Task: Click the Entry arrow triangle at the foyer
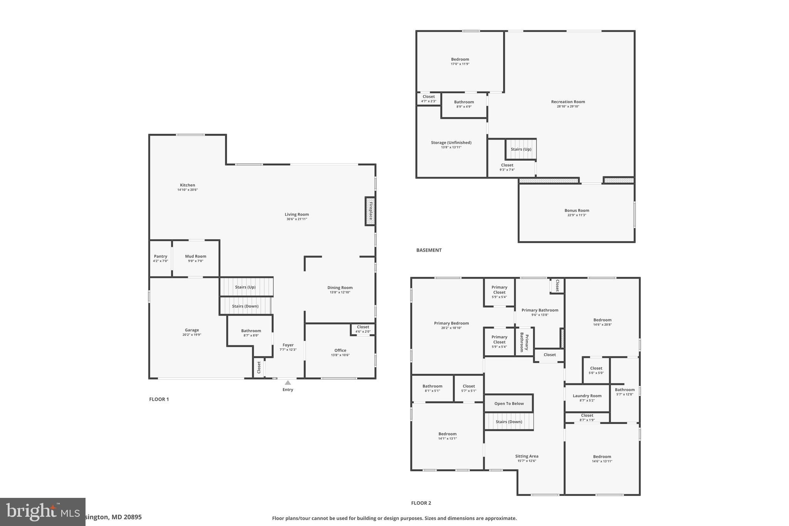pos(288,383)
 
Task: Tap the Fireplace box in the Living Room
pos(370,211)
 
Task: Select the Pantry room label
pos(161,256)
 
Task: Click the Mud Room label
pos(195,256)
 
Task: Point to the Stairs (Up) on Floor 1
pos(246,287)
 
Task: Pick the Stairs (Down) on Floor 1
pos(245,306)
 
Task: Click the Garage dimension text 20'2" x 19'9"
pos(192,335)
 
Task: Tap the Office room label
pos(340,350)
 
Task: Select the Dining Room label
pos(340,287)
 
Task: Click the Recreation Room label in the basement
pos(568,102)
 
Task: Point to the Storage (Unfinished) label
pos(451,143)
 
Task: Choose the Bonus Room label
pos(577,210)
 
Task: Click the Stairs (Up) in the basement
pos(521,150)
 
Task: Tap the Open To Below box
pos(509,403)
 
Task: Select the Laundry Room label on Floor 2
pos(587,396)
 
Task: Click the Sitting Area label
pos(527,456)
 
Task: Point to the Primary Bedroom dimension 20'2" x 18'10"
pos(452,328)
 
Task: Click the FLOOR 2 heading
pos(421,503)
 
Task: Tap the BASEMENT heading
pos(429,250)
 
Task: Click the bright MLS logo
pos(42,512)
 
